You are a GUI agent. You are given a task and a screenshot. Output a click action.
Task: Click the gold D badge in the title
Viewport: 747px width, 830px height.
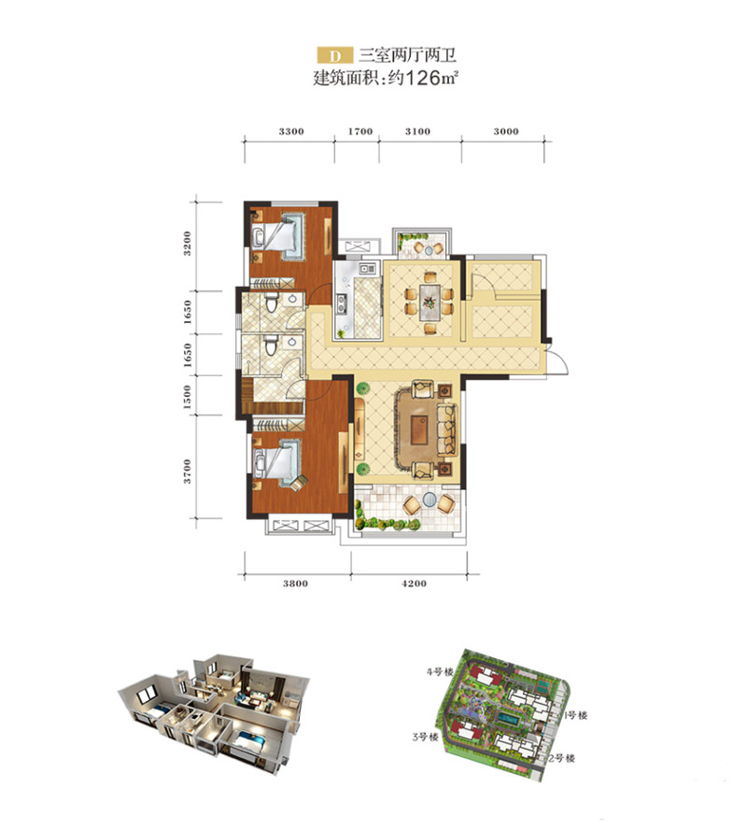point(335,56)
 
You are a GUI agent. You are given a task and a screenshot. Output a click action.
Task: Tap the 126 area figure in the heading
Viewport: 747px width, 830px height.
point(422,78)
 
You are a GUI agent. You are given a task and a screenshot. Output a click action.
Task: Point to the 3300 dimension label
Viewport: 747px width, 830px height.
point(291,132)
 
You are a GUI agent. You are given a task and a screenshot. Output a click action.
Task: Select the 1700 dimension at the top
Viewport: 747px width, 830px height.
point(360,132)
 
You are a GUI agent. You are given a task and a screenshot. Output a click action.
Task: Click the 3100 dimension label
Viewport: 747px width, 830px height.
point(417,132)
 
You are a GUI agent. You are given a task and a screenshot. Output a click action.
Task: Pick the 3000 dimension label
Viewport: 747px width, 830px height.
point(506,132)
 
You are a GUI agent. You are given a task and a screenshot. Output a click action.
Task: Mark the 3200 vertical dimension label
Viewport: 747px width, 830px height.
point(187,244)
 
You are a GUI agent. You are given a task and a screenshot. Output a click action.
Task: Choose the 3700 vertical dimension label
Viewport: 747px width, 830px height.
point(187,471)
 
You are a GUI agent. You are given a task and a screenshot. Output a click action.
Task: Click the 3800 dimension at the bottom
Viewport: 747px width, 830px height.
point(295,584)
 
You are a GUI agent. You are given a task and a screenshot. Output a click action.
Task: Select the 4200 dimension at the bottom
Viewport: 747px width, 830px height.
point(414,584)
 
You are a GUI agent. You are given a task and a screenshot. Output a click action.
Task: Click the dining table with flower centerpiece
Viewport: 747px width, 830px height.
point(430,302)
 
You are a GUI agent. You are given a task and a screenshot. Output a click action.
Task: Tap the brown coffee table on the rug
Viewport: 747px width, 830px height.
point(420,429)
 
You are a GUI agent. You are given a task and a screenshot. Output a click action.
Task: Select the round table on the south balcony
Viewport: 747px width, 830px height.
point(430,499)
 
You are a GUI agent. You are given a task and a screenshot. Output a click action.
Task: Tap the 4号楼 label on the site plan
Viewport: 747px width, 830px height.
point(441,672)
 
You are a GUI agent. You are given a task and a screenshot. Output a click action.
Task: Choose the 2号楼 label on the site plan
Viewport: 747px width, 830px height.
point(561,758)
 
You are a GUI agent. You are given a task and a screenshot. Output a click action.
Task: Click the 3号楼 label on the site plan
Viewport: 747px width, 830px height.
point(425,737)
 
